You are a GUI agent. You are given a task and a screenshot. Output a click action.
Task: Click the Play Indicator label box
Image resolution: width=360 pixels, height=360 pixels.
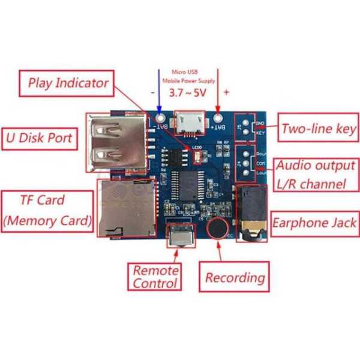pos(68,83)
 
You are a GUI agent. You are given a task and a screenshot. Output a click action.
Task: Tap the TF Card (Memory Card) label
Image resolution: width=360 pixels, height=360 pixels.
pos(48,211)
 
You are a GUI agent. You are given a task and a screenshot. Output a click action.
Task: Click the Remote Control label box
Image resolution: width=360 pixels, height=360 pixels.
pos(155,277)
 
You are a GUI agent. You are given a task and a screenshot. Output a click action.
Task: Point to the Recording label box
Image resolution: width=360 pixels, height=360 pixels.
pos(235,277)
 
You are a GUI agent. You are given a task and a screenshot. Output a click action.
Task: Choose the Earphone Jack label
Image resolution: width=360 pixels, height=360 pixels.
pos(314,223)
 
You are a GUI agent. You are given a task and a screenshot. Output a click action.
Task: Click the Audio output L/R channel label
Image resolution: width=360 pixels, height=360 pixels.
pos(314,175)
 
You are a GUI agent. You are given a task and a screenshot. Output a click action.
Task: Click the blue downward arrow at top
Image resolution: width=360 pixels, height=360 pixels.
pos(160,90)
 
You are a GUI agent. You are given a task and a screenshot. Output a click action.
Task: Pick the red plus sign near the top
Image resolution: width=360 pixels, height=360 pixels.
pos(226,92)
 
